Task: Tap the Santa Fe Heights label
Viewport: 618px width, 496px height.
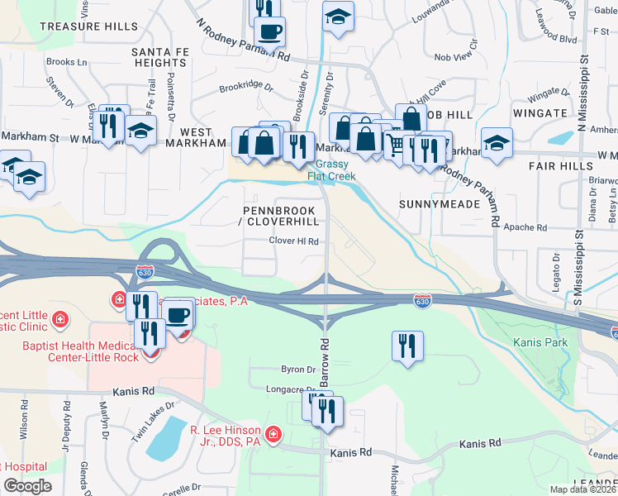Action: pos(159,57)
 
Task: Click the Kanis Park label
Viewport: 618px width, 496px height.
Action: pos(534,341)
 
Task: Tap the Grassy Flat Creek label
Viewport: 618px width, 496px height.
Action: pos(332,169)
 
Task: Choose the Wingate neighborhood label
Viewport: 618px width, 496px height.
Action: pos(539,113)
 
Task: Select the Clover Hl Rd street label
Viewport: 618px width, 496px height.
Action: pos(293,241)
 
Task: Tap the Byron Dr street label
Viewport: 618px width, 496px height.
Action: pos(299,370)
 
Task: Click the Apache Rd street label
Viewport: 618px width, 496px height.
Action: pos(530,227)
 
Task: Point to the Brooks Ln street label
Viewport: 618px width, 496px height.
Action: pos(67,62)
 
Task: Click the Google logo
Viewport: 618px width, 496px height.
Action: pos(27,485)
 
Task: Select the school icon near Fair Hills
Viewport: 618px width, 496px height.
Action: pos(497,142)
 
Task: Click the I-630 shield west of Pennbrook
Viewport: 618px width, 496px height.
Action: pos(144,269)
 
